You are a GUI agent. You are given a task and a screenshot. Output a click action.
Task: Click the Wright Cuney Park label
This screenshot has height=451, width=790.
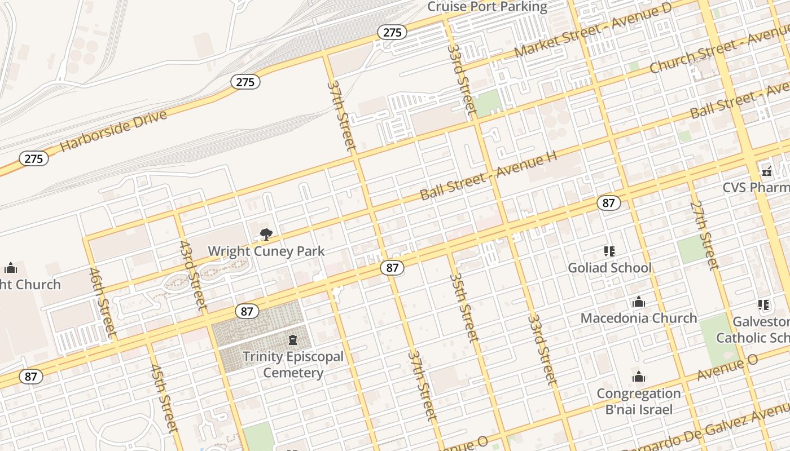pos(266,251)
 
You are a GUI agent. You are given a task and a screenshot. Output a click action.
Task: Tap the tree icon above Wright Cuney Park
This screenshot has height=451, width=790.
pos(266,235)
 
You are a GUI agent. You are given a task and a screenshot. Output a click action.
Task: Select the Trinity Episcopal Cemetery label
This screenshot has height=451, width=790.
pos(293,365)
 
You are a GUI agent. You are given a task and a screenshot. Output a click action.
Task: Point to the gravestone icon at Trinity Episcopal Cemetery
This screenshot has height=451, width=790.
pos(293,341)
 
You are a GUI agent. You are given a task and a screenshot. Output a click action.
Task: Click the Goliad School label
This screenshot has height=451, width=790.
pos(609,268)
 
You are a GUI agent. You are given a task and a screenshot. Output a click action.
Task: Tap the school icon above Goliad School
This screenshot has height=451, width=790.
pos(609,251)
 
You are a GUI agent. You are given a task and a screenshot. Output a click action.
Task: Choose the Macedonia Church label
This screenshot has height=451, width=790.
pos(639,318)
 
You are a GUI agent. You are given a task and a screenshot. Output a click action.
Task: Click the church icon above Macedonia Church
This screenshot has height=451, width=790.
pos(639,302)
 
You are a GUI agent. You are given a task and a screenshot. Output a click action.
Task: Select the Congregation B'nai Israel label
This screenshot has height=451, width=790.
pos(639,401)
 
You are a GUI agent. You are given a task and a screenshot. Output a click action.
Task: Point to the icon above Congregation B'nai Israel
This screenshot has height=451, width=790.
pos(639,377)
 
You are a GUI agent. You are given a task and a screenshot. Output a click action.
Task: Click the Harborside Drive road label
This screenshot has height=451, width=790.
pos(113,131)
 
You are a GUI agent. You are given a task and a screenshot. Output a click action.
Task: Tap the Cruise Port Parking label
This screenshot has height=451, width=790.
pos(487,7)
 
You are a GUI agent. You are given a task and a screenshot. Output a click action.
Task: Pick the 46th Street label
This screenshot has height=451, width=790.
pos(103,303)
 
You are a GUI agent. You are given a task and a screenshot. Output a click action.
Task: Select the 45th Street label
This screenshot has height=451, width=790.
pos(164,398)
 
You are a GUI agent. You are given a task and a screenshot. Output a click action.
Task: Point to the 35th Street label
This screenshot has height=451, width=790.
pos(464,307)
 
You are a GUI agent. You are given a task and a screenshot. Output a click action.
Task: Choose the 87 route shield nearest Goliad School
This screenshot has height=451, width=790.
pos(608,203)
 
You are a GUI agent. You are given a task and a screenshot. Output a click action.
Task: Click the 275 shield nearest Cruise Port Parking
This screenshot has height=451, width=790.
pos(392,32)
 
